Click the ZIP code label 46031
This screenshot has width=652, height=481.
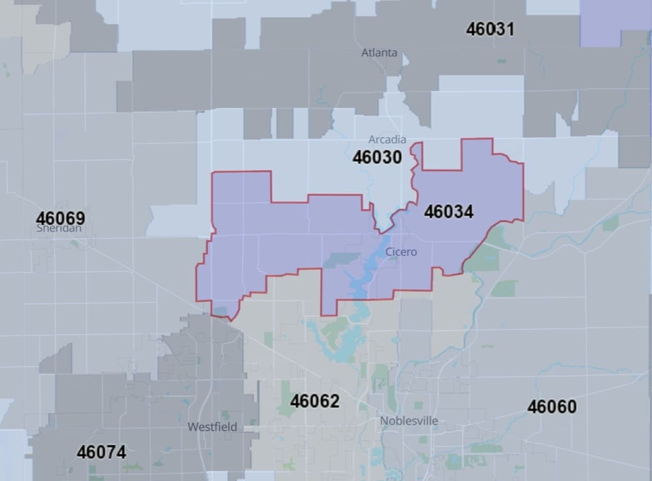tap(490, 29)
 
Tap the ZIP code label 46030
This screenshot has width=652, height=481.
tap(377, 157)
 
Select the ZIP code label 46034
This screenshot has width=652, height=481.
tap(449, 212)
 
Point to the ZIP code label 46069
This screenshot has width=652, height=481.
tap(61, 218)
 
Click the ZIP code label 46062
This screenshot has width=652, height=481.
tap(314, 401)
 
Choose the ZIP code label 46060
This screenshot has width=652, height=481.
tap(552, 407)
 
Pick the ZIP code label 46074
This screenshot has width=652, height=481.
tap(101, 452)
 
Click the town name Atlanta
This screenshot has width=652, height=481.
tap(379, 52)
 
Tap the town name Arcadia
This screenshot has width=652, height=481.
tap(387, 139)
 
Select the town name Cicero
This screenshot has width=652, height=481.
tap(401, 252)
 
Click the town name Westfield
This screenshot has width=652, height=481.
tap(212, 427)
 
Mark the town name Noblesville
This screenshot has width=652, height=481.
tap(409, 421)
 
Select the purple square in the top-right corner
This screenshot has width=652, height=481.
tap(615, 22)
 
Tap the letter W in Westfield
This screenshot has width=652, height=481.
tap(192, 427)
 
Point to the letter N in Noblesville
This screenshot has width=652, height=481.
tap(384, 421)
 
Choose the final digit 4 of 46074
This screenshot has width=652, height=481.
tap(120, 452)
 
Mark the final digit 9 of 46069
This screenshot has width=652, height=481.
tap(80, 218)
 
